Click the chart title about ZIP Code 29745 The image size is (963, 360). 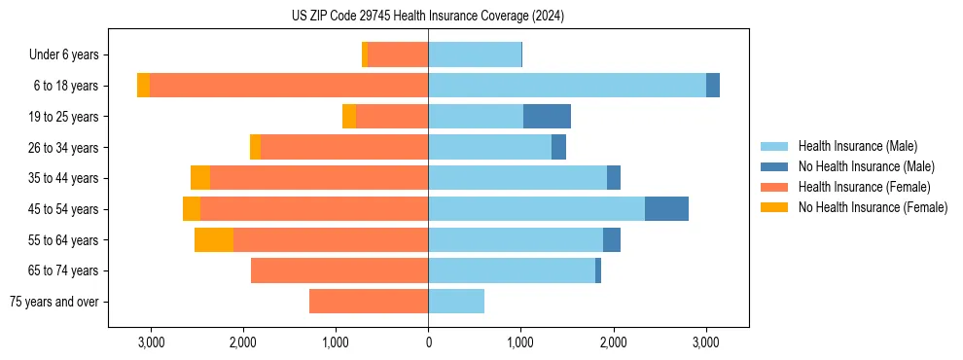428,17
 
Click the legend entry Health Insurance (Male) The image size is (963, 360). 856,146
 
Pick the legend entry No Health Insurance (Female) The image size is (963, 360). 872,207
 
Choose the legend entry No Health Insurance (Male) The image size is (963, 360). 865,166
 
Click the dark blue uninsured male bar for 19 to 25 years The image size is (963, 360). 547,117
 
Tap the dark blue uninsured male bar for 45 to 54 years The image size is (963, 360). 666,209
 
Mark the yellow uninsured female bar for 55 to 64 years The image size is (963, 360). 214,240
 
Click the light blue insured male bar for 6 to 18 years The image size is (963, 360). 567,86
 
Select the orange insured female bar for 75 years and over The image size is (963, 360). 369,302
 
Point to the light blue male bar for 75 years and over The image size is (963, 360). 456,302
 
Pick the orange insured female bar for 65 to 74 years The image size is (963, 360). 339,270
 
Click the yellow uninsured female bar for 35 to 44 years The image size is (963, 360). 200,178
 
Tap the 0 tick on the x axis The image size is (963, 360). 428,342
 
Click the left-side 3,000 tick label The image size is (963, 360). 151,342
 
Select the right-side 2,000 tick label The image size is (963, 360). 613,342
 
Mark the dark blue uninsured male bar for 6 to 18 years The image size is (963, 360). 713,86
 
